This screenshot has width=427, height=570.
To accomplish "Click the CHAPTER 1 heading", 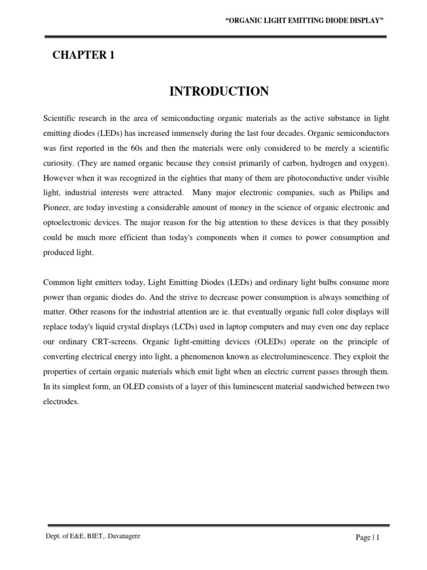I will coord(83,55).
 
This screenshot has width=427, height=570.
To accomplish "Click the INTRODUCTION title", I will coord(219,92).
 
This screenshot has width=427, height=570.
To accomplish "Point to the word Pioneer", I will coord(58,208).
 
